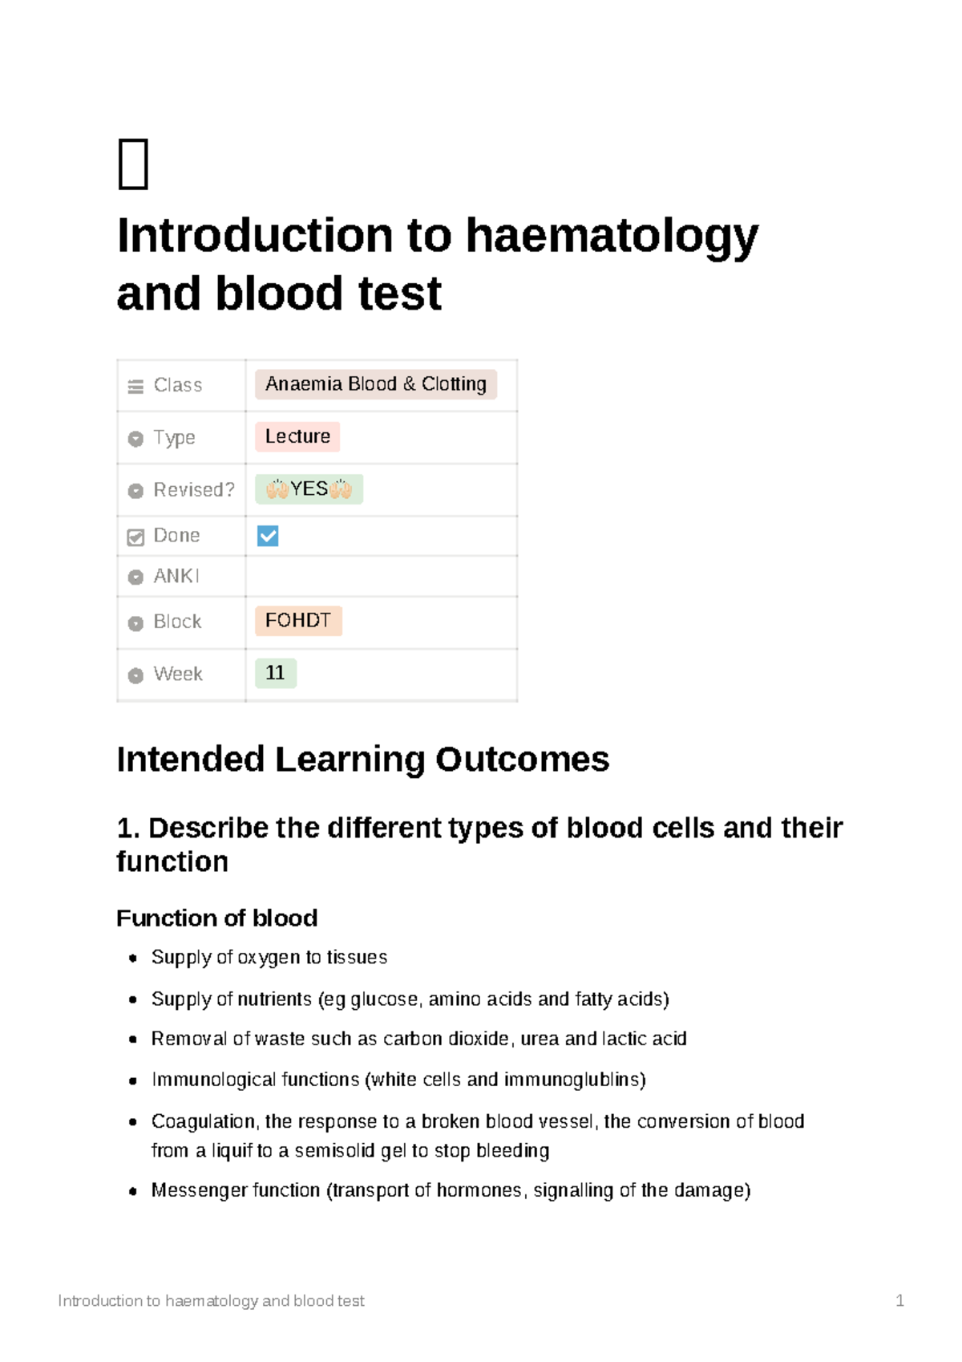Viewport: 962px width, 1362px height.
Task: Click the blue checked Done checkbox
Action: click(268, 536)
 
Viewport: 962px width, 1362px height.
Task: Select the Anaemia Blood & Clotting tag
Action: click(375, 384)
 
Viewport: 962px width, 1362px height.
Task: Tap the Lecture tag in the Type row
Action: click(297, 436)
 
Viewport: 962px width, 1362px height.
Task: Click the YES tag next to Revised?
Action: click(309, 488)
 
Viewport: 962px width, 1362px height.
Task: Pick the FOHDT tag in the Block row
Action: click(298, 621)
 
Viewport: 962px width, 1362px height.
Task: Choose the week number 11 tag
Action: click(275, 673)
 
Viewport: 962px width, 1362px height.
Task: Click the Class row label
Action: click(177, 385)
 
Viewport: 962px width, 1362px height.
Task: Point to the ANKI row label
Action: click(176, 576)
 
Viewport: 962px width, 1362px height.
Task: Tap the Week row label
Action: click(177, 674)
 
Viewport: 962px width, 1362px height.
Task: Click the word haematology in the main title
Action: click(611, 236)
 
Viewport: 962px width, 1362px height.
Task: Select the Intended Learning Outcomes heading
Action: click(362, 759)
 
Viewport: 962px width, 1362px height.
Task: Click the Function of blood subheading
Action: click(216, 918)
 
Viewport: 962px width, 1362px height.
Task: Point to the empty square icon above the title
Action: click(133, 164)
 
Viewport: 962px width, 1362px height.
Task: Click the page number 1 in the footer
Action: click(899, 1300)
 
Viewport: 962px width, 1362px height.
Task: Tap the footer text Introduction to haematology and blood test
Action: click(211, 1300)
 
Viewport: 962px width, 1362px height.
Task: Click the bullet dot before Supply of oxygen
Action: click(133, 958)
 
